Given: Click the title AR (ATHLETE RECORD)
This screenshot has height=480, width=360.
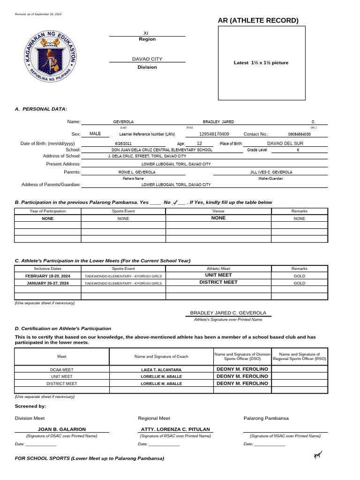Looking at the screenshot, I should tap(258, 20).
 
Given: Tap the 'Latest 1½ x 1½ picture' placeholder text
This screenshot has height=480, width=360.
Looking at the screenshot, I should tap(261, 63).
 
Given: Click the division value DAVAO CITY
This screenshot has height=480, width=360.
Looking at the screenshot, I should tap(147, 59).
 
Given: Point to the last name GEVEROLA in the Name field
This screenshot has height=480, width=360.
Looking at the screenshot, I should tap(123, 122).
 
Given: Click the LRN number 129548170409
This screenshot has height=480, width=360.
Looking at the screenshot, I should tap(214, 134).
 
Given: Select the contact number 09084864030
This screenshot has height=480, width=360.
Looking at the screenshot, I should tap(299, 134).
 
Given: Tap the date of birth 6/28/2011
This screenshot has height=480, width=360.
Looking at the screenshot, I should tap(123, 143).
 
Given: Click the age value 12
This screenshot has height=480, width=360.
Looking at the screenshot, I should tap(199, 143).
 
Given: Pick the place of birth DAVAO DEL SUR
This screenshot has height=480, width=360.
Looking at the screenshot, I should tap(285, 143).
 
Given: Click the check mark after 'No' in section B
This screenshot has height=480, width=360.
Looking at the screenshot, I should tap(174, 202).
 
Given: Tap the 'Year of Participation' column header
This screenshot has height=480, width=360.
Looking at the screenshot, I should tap(48, 211).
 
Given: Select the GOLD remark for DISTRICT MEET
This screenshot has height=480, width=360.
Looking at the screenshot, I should tap(299, 283).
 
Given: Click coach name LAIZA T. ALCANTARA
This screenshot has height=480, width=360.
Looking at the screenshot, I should tap(161, 370).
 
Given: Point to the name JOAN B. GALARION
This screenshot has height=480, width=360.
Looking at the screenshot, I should tap(62, 429).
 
